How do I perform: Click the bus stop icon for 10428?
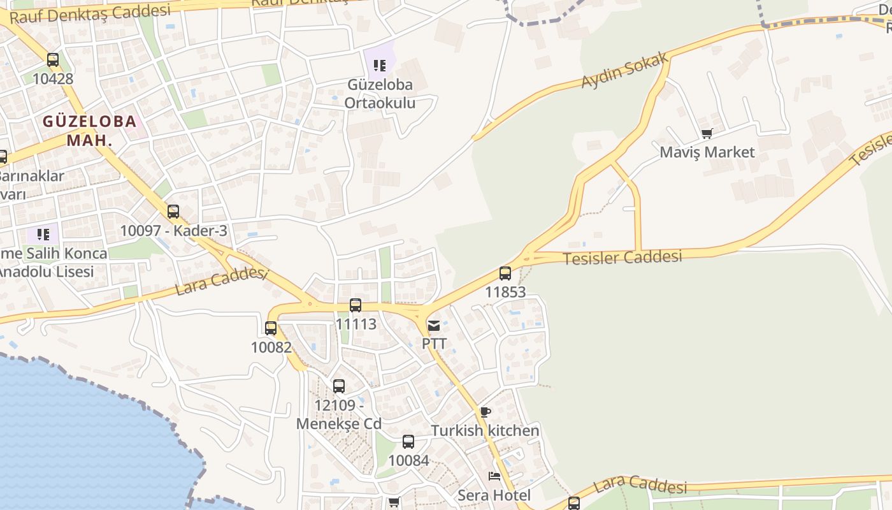(x=53, y=60)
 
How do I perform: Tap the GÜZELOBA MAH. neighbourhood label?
(x=89, y=130)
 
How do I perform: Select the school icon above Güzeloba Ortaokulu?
(x=380, y=65)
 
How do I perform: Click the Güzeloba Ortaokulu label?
(x=380, y=94)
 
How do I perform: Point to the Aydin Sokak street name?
(x=624, y=71)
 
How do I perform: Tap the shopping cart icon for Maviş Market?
(x=706, y=134)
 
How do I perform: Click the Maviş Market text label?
(x=707, y=152)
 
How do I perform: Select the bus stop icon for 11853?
(x=505, y=273)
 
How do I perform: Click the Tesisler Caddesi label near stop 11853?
(x=622, y=258)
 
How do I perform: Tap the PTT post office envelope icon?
(x=434, y=326)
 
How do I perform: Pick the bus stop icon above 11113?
(x=356, y=305)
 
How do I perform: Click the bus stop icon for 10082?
(x=271, y=328)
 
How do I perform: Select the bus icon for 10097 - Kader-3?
(x=173, y=212)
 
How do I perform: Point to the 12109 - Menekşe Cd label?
(x=339, y=414)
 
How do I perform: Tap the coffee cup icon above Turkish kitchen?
(x=486, y=412)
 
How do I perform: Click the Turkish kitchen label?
(x=485, y=431)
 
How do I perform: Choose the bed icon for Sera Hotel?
(x=494, y=476)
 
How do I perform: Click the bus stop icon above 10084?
(x=408, y=441)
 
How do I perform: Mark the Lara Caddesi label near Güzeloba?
(x=220, y=280)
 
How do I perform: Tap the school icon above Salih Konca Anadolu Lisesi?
(x=43, y=235)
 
